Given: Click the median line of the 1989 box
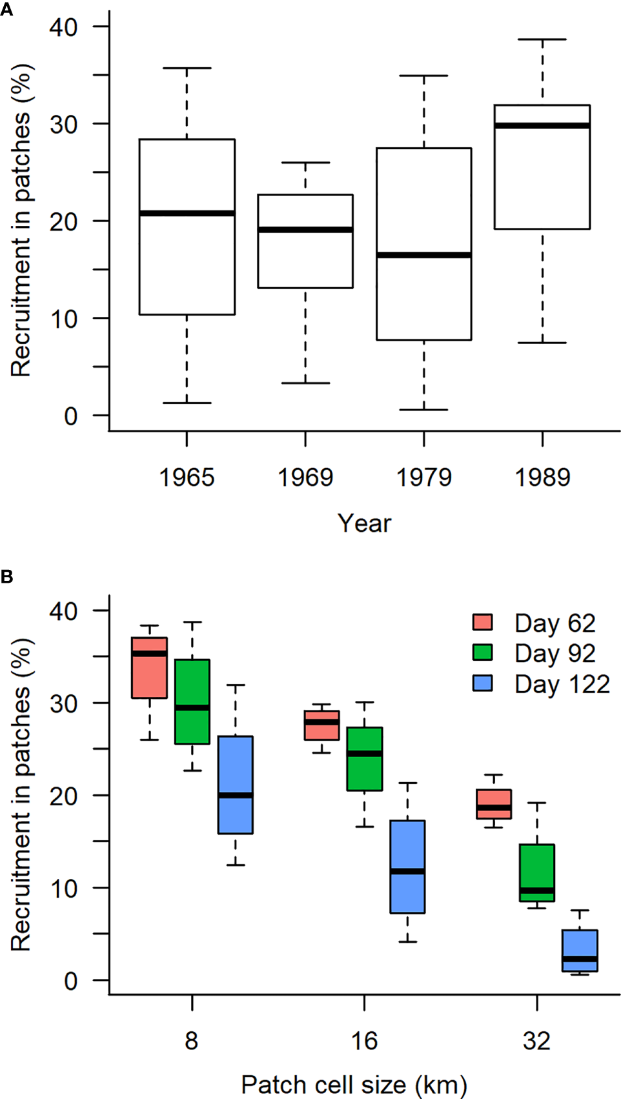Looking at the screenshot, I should (x=542, y=125).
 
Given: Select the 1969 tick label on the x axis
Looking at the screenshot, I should (x=305, y=478).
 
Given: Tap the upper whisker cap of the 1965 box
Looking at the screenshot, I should (x=187, y=68).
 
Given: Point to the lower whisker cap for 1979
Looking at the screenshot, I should (x=423, y=410).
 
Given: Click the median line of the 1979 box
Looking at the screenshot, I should (x=423, y=255).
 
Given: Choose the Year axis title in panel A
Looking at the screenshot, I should (x=364, y=523).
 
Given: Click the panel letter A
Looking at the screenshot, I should (x=6, y=10).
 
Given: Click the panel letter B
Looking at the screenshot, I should (x=6, y=576).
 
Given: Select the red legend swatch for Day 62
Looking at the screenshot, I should (x=482, y=622).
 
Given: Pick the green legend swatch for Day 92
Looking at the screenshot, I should (x=482, y=652).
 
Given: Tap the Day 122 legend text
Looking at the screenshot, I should (x=562, y=684).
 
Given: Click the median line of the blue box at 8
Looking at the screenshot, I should (x=235, y=795).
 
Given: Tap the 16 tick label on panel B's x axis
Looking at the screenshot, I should (x=364, y=1041).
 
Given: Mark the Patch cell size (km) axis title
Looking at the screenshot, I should (x=354, y=1085).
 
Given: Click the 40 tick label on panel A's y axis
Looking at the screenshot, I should (x=63, y=27).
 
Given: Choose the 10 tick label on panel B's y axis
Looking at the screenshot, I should (x=63, y=889).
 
